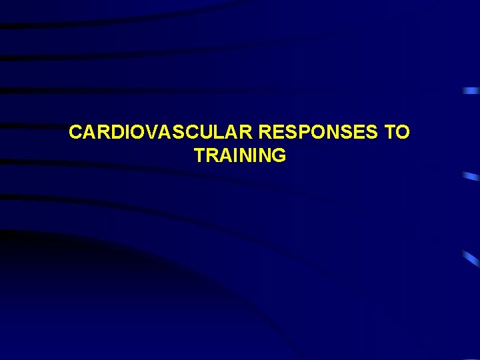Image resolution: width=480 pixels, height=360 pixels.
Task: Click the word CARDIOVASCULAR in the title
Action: pyautogui.click(x=161, y=133)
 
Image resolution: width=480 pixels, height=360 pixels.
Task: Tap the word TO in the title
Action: pyautogui.click(x=397, y=133)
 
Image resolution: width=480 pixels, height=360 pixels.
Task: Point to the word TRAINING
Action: pyautogui.click(x=240, y=156)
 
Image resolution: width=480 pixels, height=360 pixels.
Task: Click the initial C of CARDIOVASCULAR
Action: pyautogui.click(x=75, y=133)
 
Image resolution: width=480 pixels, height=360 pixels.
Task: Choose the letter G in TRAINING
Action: pyautogui.click(x=279, y=156)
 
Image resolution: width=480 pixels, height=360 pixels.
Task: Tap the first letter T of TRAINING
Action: pyautogui.click(x=199, y=156)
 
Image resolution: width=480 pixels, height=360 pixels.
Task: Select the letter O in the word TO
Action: pyautogui.click(x=403, y=133)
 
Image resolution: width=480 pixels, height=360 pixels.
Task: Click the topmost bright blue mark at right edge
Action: pyautogui.click(x=471, y=90)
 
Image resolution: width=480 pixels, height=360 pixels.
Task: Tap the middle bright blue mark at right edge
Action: pyautogui.click(x=471, y=176)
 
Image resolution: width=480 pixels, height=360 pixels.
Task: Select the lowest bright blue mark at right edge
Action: pyautogui.click(x=471, y=258)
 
